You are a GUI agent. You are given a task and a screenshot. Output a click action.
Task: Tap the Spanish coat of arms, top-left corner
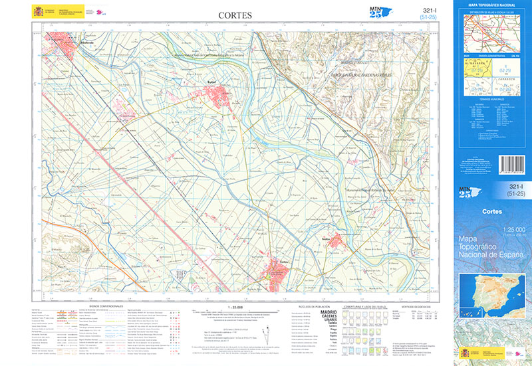coord(36,11)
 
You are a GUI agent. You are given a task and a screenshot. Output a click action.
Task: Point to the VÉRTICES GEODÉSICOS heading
coord(420,308)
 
